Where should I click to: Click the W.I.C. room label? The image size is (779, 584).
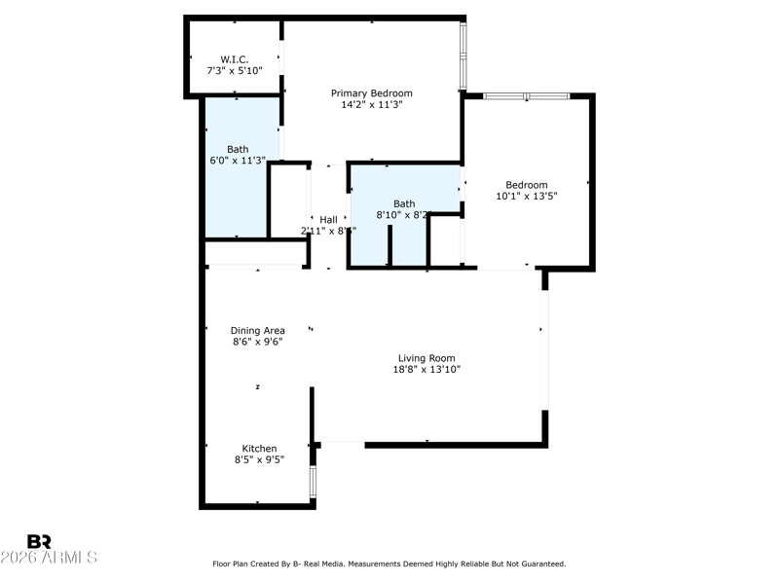(235, 58)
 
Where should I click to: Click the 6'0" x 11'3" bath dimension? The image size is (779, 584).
(238, 161)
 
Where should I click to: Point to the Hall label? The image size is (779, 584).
(328, 219)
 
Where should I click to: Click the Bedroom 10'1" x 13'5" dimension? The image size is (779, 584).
(526, 196)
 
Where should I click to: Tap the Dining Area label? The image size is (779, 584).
(258, 330)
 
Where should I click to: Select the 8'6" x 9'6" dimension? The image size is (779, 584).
(258, 342)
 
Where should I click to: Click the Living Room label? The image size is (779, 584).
(427, 358)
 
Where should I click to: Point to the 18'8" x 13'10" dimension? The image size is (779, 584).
(427, 370)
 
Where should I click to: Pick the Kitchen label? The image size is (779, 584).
(259, 449)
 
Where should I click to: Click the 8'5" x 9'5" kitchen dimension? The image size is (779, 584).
(259, 460)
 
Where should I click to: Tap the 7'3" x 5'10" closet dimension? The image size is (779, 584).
(235, 70)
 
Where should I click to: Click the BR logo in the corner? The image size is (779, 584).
(39, 541)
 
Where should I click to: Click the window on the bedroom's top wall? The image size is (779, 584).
(526, 96)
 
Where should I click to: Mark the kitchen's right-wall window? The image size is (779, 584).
(313, 482)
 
